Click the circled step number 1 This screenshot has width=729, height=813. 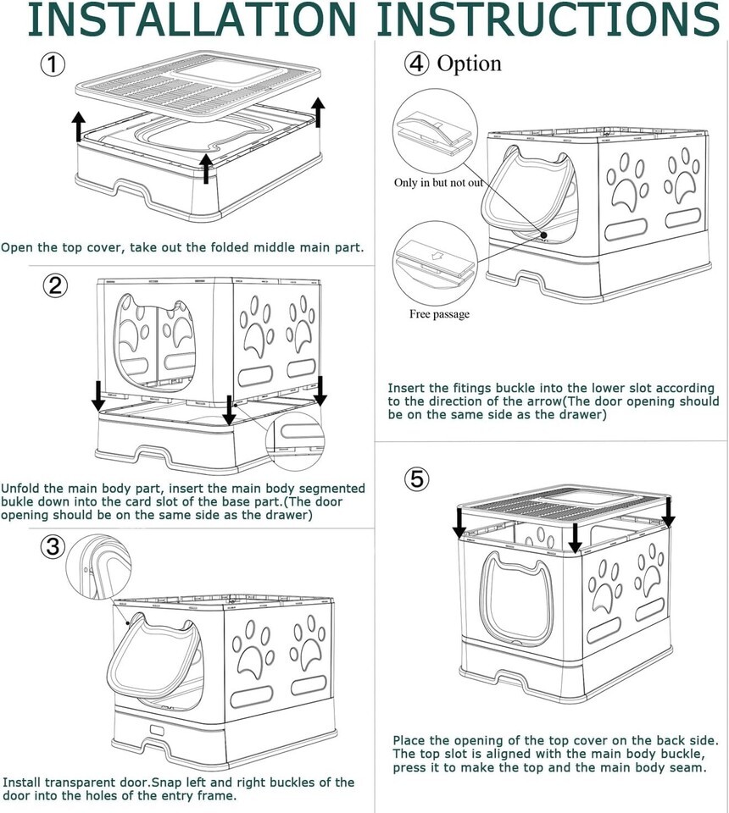[53, 64]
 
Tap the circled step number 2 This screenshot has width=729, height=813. [54, 285]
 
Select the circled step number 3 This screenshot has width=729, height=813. [53, 546]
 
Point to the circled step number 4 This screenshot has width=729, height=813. [417, 64]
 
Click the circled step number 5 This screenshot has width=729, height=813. [417, 478]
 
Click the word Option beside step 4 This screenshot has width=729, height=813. [469, 64]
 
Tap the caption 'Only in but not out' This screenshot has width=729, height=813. [438, 183]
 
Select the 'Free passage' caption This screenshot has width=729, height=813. [439, 314]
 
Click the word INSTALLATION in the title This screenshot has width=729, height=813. [192, 19]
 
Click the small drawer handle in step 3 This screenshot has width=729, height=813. [157, 731]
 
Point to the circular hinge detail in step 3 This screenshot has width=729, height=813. [99, 568]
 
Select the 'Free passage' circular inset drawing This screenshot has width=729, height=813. [435, 263]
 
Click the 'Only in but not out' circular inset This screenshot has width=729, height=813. [435, 131]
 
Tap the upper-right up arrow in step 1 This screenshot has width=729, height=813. [318, 113]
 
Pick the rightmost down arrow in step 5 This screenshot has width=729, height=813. [668, 512]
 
